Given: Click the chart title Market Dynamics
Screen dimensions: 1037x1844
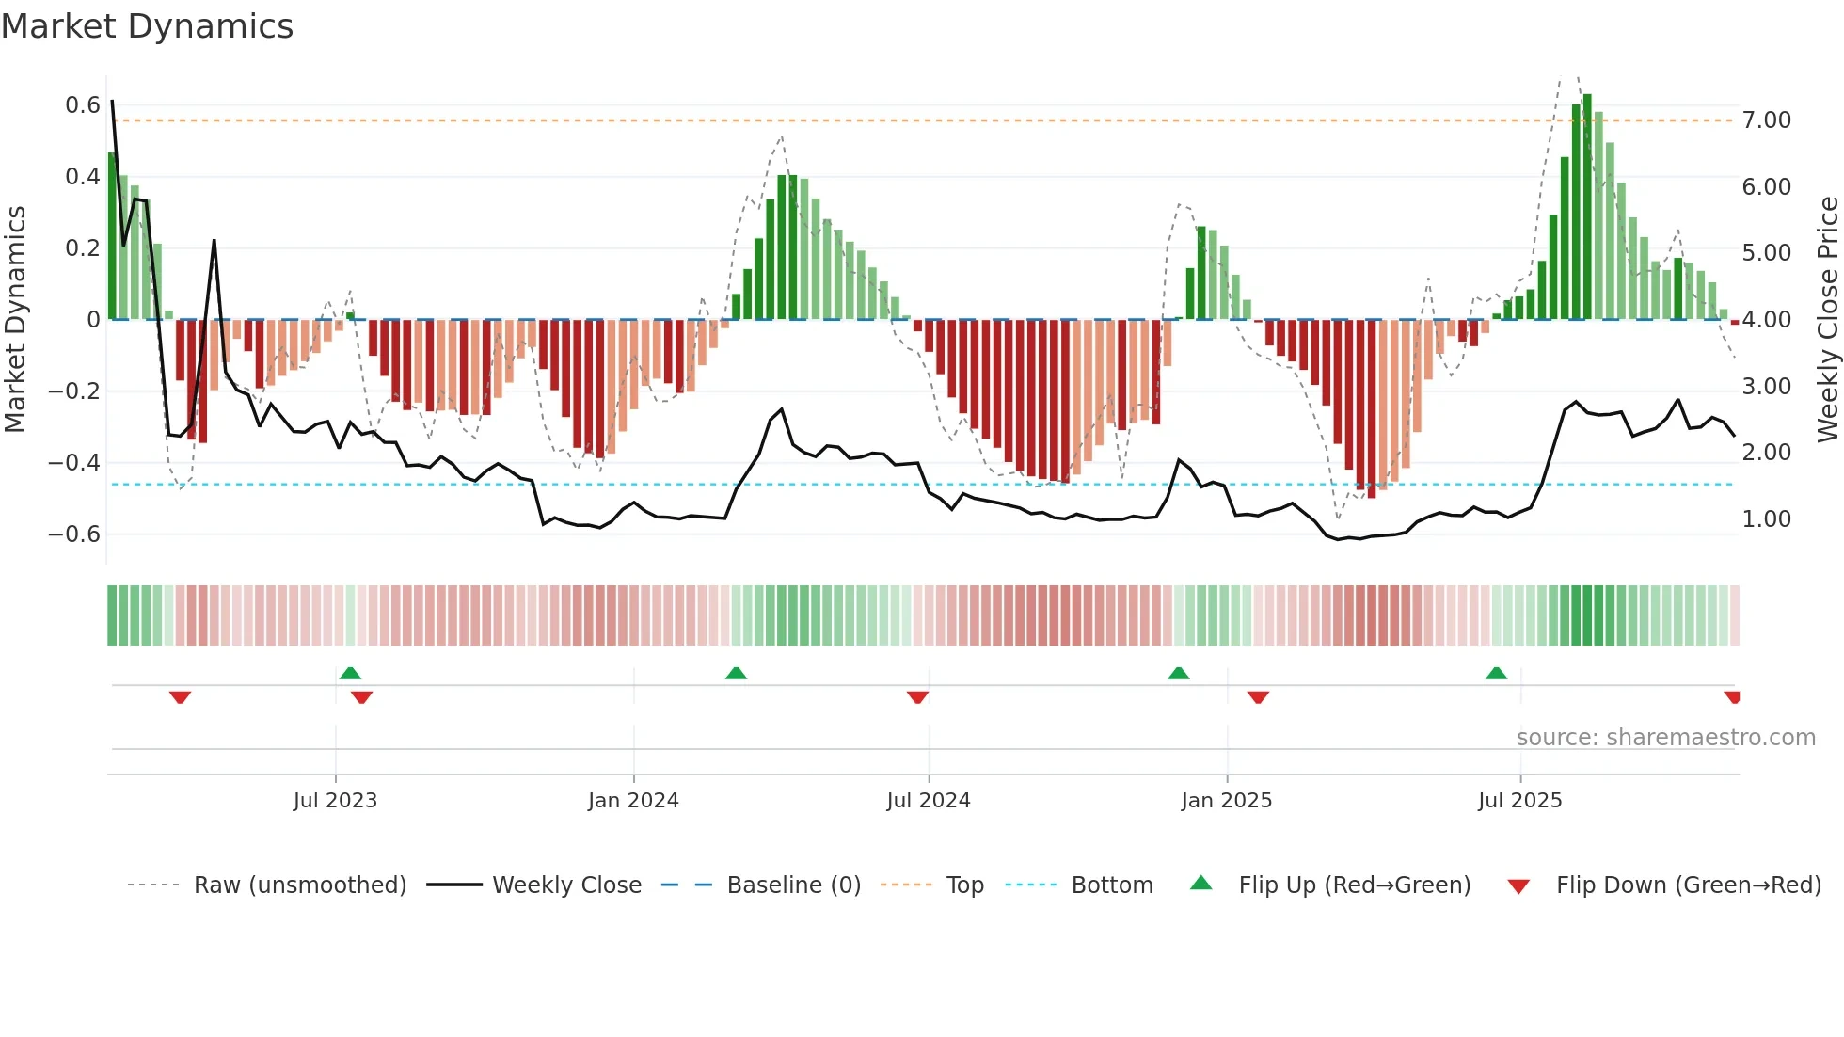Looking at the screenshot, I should pos(148,26).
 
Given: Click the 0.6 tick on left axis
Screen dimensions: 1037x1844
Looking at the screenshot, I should pos(83,105).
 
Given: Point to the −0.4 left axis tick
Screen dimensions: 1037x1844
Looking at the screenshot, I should pos(74,463).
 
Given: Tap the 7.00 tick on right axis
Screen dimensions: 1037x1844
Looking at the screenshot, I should pos(1766,120).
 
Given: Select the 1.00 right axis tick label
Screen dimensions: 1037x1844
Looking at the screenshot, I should pos(1766,519).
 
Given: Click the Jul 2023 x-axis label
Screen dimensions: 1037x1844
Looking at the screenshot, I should pos(335,801).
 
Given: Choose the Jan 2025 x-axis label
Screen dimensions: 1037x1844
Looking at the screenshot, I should pos(1226,801).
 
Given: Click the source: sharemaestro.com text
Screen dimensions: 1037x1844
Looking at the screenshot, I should pos(1665,738).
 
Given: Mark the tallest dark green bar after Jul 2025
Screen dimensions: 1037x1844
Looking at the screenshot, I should pos(1587,207).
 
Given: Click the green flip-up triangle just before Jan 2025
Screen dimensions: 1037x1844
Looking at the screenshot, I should pos(1178,673).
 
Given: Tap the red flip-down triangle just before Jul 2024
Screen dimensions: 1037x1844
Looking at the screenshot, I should pos(917,697).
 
